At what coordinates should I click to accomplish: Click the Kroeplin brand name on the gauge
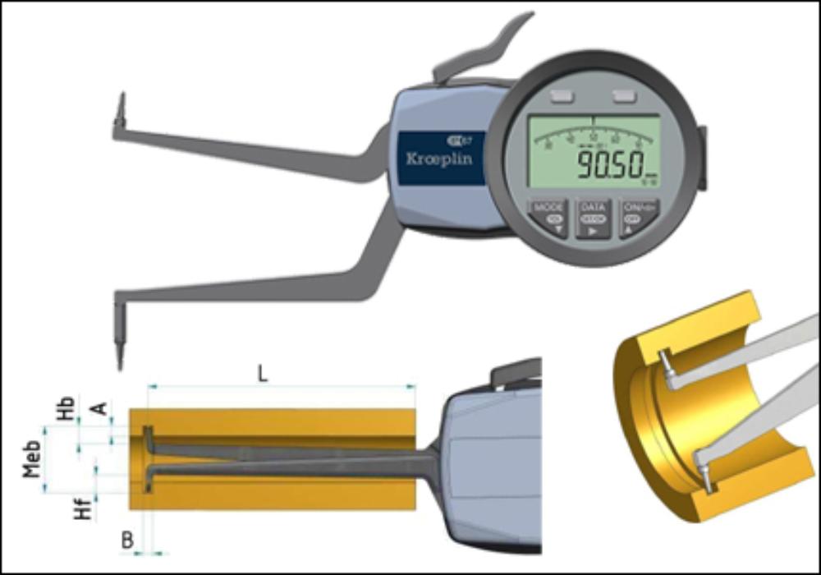439,159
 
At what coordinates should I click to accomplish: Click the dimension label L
262,374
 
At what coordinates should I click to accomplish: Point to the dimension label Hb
68,407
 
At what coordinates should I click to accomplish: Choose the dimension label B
127,540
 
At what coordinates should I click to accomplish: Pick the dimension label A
103,408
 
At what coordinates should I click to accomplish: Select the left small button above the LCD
562,97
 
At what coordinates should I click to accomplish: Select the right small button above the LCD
624,97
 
